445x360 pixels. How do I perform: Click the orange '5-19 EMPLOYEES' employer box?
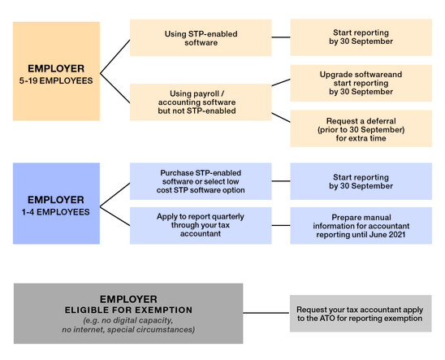coord(56,72)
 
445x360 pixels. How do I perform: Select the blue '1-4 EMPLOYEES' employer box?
coord(56,203)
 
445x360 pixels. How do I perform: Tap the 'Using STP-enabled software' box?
coord(201,37)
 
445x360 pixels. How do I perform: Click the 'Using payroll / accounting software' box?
coord(201,102)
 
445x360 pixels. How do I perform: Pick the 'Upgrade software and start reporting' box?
coord(361,83)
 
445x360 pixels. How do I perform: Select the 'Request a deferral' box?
coord(361,128)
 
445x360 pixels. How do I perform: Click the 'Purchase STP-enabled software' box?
coord(201,181)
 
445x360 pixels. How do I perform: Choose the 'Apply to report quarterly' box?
coord(201,225)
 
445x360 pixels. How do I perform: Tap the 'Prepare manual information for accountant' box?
coord(361,225)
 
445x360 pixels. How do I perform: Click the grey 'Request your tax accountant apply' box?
coord(361,314)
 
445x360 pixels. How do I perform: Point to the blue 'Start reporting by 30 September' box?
coord(361,181)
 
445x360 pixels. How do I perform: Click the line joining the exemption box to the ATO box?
coord(266,313)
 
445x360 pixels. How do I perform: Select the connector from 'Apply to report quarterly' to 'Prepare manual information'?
coord(281,225)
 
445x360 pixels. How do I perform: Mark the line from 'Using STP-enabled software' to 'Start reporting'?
coord(281,37)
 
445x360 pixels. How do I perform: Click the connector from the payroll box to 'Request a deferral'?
coord(281,118)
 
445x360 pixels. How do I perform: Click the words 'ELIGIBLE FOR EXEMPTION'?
coord(128,310)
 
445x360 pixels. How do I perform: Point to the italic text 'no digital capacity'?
coord(137,320)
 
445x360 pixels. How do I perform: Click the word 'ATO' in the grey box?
coord(327,319)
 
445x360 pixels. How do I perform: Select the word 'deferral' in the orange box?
coord(381,121)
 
